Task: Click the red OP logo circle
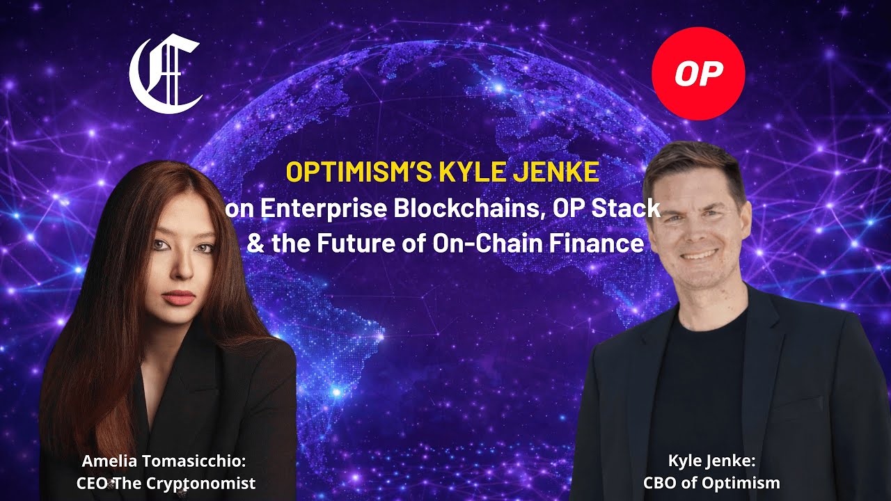[697, 74]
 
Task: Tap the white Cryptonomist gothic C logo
[166, 76]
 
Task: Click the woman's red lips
[180, 297]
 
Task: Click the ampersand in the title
[255, 244]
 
